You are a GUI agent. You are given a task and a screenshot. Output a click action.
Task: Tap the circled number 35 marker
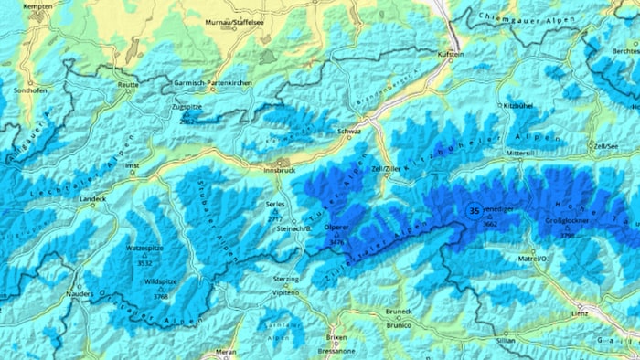click(474, 211)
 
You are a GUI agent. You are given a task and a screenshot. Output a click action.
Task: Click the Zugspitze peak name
click(186, 107)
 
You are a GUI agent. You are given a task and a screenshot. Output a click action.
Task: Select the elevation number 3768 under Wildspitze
click(161, 296)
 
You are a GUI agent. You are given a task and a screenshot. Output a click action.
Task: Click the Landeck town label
click(93, 198)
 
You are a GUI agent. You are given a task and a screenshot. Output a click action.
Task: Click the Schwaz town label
click(350, 132)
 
